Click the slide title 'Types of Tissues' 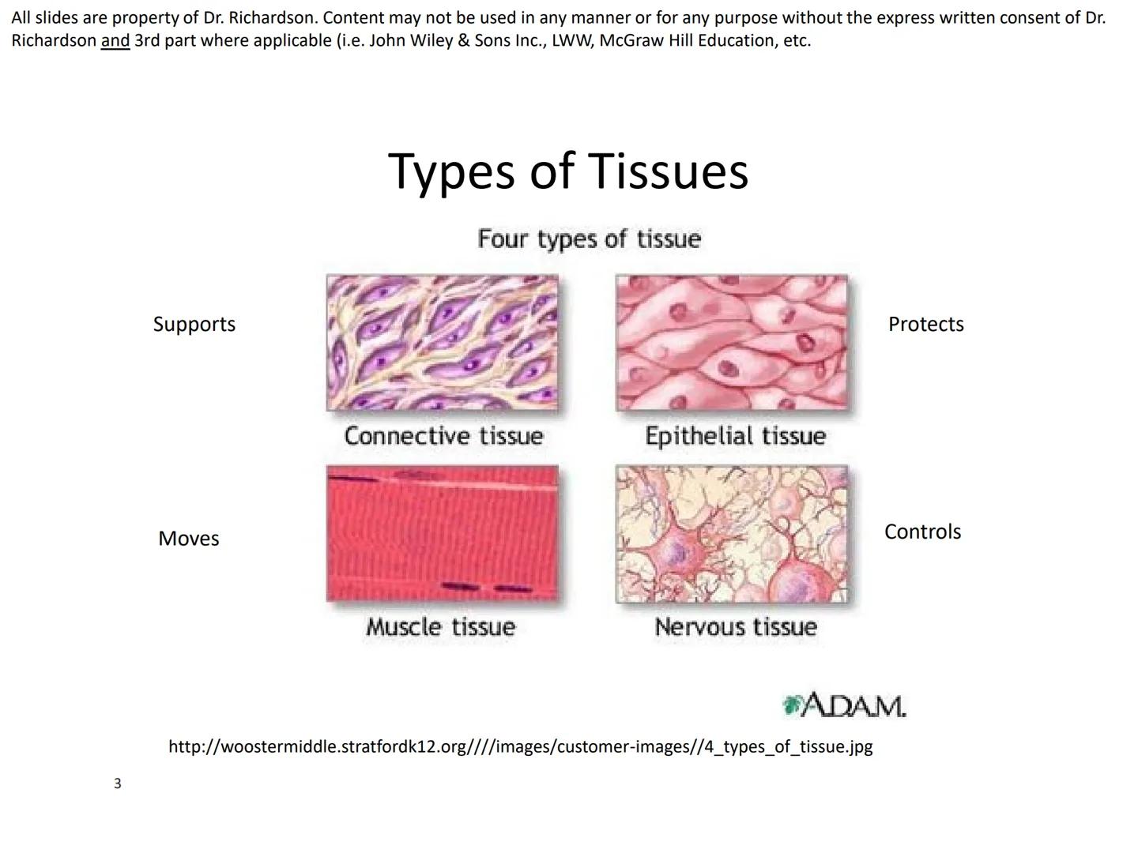[x=567, y=172]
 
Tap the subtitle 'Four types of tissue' [x=589, y=240]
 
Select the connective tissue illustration [x=443, y=343]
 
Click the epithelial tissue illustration [x=732, y=343]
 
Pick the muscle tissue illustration [x=443, y=533]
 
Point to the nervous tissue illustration [x=732, y=533]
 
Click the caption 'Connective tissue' [x=443, y=435]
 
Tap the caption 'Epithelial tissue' [x=735, y=437]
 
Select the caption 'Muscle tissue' [x=441, y=627]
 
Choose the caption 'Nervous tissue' [x=736, y=627]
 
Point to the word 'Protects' [x=926, y=324]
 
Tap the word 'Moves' [x=189, y=539]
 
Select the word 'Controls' [x=922, y=532]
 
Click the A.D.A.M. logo [x=844, y=705]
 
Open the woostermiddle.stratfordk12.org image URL [x=521, y=747]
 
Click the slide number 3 [x=118, y=783]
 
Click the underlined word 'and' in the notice [x=115, y=40]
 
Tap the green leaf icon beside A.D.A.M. [x=791, y=705]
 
